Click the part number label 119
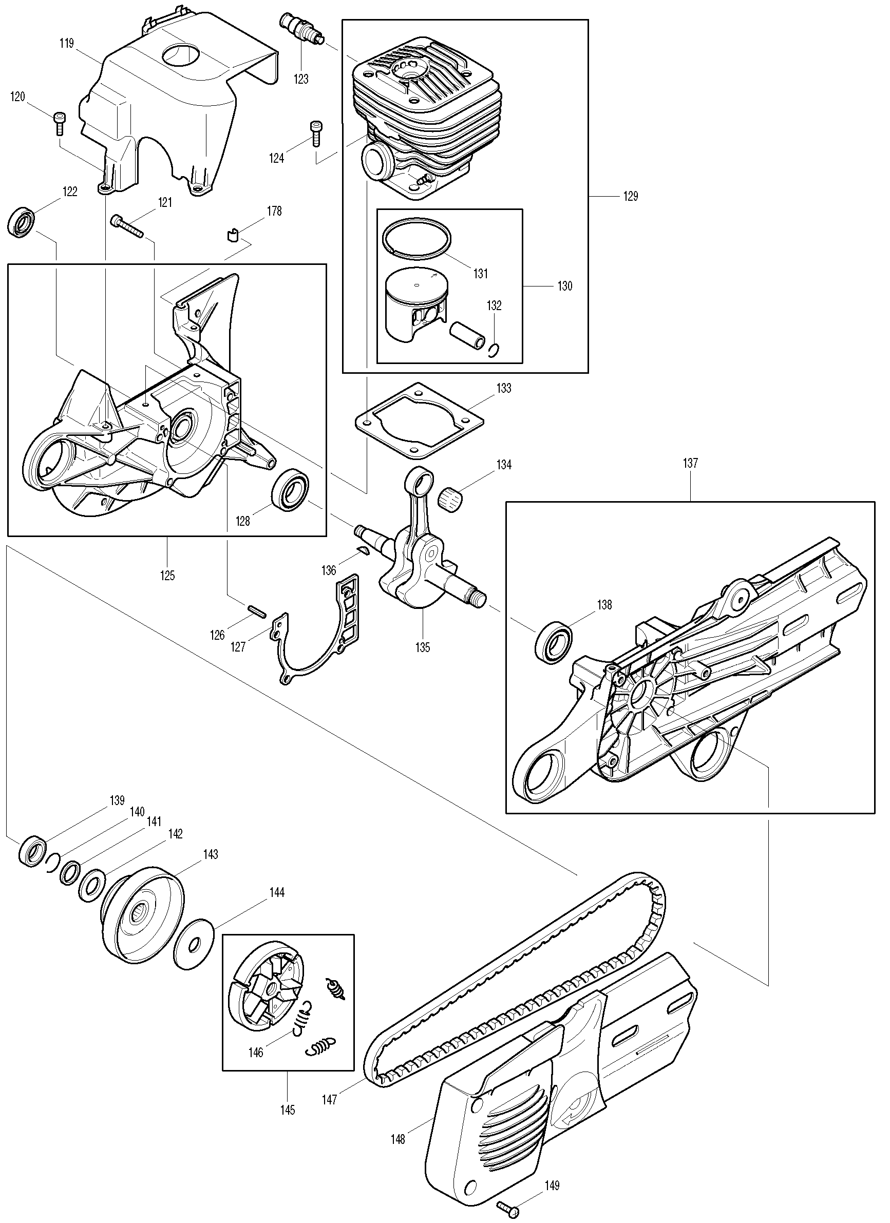[x=66, y=43]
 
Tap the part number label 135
[x=422, y=647]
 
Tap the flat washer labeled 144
[x=195, y=944]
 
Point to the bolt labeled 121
[x=127, y=226]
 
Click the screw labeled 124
[x=315, y=132]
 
